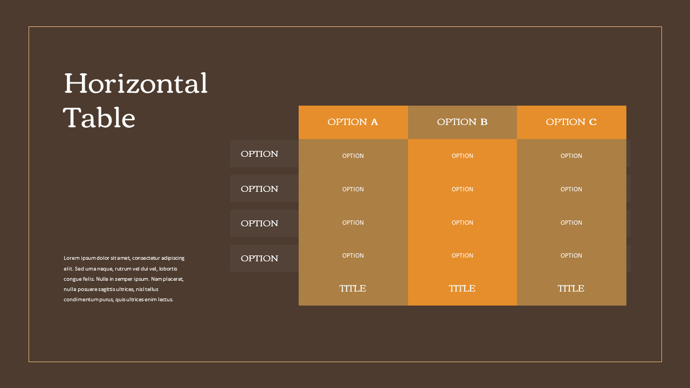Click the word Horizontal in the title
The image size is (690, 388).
point(135,84)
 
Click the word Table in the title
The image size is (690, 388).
point(99,118)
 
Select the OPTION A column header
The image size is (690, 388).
point(353,122)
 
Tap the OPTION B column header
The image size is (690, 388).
point(462,122)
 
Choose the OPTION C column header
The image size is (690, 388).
point(571,122)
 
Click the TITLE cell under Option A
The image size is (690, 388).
point(353,288)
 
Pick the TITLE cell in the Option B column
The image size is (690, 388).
point(462,288)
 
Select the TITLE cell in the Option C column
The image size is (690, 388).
point(571,288)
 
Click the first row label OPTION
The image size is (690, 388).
point(259,154)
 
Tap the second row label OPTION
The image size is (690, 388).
point(259,189)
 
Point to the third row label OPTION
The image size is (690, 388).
point(259,224)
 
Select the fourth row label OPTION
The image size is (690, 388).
point(259,259)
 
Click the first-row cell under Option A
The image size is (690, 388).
point(353,156)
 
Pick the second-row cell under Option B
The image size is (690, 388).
point(462,189)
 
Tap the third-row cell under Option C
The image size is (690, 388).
point(571,223)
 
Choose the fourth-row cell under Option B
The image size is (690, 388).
point(462,255)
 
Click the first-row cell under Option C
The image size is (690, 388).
point(571,156)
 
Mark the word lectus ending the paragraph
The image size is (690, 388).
point(165,300)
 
